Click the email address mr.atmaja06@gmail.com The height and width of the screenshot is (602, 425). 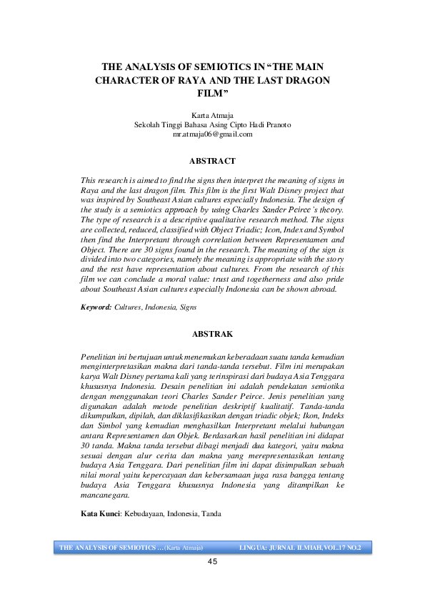pyautogui.click(x=212, y=134)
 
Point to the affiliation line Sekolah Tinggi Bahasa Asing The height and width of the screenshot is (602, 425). pyautogui.click(x=212, y=124)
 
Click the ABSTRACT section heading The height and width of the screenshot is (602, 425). pyautogui.click(x=212, y=161)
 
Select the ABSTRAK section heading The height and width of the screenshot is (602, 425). pyautogui.click(x=212, y=334)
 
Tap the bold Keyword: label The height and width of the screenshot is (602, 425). pyautogui.click(x=96, y=306)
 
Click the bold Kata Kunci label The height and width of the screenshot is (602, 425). pyautogui.click(x=99, y=514)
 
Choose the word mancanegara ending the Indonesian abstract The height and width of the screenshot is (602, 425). pyautogui.click(x=104, y=495)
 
